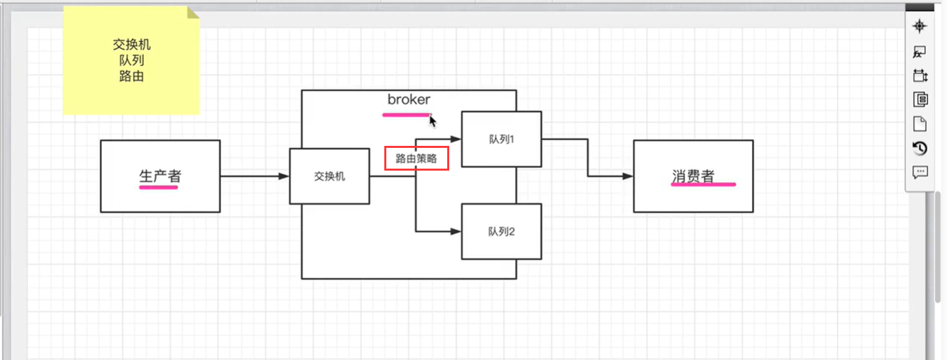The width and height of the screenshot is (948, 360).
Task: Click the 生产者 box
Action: click(160, 176)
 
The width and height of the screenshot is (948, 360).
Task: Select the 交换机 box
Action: click(329, 177)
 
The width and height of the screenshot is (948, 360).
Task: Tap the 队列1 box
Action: click(501, 140)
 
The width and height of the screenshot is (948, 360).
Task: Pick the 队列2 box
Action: click(501, 232)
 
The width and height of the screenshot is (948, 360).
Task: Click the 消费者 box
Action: click(693, 176)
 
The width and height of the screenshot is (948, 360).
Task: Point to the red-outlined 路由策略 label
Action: click(416, 159)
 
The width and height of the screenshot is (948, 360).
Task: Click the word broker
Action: click(409, 100)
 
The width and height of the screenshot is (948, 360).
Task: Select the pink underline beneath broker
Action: click(406, 114)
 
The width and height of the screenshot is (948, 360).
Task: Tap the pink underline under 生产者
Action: click(159, 188)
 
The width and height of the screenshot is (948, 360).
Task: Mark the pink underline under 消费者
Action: click(703, 184)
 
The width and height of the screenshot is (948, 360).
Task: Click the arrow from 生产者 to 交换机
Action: click(254, 177)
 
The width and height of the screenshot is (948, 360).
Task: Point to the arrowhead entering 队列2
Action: click(456, 232)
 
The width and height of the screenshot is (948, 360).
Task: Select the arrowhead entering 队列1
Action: click(456, 139)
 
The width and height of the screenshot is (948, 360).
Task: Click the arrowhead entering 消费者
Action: click(627, 177)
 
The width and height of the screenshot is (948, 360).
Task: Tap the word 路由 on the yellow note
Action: click(132, 76)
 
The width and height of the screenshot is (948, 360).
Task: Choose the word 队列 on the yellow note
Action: click(132, 60)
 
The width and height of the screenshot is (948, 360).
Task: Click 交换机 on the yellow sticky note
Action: click(132, 45)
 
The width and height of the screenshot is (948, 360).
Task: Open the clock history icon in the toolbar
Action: click(920, 148)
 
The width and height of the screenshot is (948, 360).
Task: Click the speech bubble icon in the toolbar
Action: click(920, 172)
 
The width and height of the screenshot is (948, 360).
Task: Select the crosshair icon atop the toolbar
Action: click(920, 26)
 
